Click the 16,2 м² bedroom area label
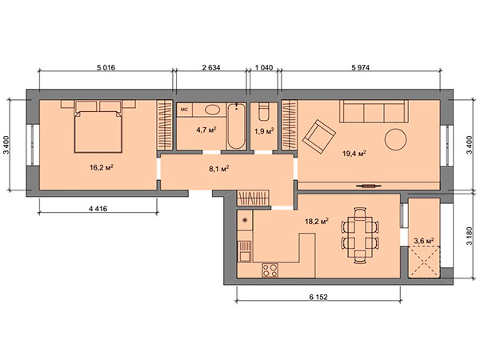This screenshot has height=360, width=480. point(102,167)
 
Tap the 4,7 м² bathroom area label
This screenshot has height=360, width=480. point(206,130)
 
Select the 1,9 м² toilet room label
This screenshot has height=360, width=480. point(264,131)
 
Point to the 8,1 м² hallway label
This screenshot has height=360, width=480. point(219,169)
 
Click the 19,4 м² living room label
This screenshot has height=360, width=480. point(354,154)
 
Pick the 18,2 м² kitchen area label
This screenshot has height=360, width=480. point(317,222)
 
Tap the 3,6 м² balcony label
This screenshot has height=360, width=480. point(424,241)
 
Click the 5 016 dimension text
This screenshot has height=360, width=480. point(106,67)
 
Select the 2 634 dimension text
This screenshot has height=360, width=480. point(211,67)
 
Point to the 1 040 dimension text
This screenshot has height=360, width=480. point(264,67)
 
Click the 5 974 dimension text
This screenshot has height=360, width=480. point(360,67)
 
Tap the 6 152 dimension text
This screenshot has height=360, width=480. point(318,297)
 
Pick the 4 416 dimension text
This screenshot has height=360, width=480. point(98,209)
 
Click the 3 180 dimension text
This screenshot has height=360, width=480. point(470,236)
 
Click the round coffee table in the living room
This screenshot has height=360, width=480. point(395,139)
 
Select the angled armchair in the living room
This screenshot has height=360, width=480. point(319,137)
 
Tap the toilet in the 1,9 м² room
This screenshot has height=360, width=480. point(264,112)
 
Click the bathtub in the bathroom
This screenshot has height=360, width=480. point(236,126)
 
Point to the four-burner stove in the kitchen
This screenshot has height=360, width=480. point(270,270)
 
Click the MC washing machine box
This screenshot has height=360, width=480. point(184,110)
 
